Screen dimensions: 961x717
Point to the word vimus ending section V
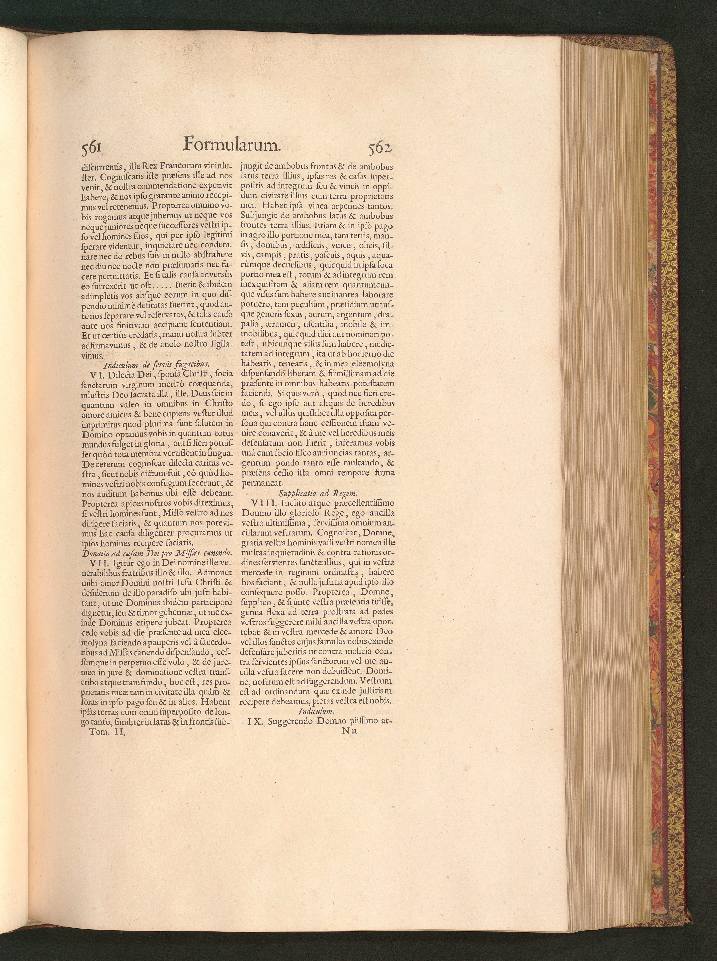(x=92, y=355)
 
